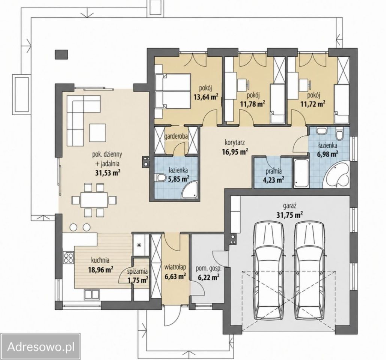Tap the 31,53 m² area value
(108, 172)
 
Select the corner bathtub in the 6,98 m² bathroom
(336, 175)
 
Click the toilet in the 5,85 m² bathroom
(160, 177)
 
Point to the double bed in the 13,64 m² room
(172, 91)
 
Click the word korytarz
(235, 142)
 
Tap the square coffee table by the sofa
(98, 132)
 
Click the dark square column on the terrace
(61, 55)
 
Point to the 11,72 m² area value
(312, 104)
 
